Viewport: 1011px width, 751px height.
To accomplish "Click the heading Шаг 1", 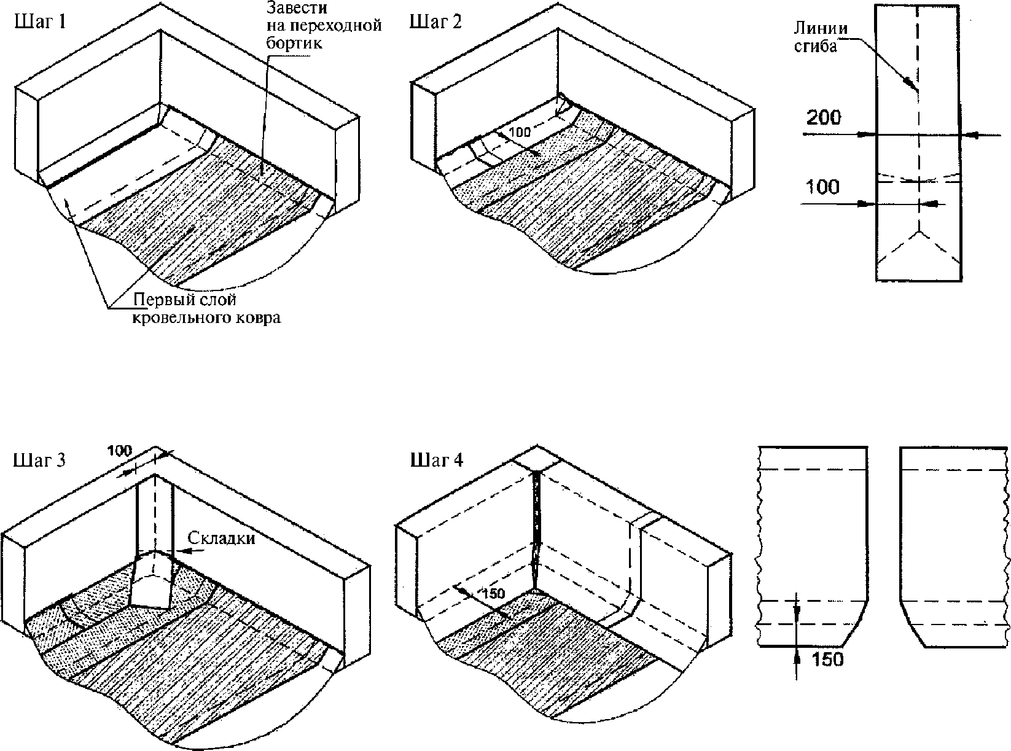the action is (x=40, y=21).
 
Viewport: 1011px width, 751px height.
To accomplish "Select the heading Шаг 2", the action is (x=435, y=21).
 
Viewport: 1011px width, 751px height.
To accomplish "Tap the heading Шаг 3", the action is (x=39, y=460).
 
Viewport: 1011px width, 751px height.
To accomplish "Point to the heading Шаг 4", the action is (x=437, y=460).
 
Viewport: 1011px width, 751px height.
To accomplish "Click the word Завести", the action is (x=297, y=8).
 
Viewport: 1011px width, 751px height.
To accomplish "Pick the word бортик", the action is (x=294, y=43).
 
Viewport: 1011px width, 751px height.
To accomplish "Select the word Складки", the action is (x=222, y=538).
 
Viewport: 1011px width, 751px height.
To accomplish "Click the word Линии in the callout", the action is (x=821, y=28).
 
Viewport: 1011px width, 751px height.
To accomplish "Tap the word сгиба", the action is (x=816, y=46).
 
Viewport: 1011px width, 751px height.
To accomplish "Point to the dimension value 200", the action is (x=824, y=117).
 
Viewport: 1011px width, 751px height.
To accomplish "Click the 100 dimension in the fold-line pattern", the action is (x=822, y=187).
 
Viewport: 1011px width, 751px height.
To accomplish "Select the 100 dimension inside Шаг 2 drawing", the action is (x=520, y=132).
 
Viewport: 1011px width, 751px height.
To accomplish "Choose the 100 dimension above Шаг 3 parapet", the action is (x=119, y=451).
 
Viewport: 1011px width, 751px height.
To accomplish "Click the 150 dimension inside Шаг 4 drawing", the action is (x=493, y=593).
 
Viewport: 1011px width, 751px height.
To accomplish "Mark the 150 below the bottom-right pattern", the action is (x=828, y=660).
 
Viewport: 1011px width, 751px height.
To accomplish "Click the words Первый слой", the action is (x=185, y=300).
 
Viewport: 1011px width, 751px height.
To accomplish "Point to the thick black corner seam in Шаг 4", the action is (x=536, y=529).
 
